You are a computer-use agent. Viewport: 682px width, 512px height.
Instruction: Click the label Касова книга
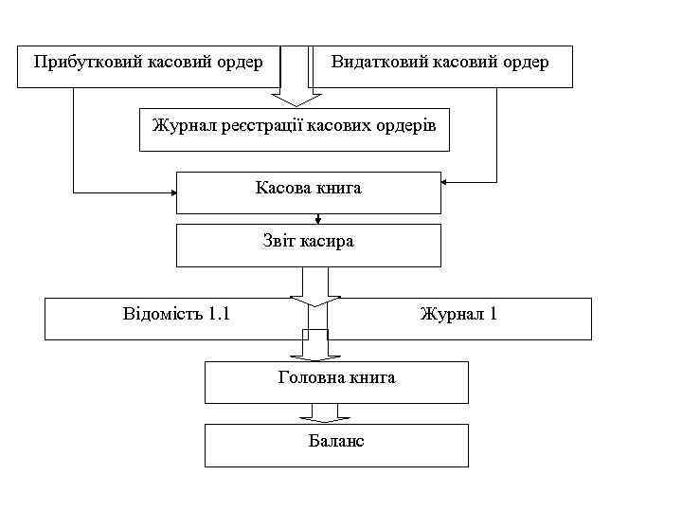(308, 188)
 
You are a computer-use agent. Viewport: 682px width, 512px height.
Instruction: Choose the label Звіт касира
(308, 241)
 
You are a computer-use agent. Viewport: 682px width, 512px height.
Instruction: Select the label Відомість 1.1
(176, 313)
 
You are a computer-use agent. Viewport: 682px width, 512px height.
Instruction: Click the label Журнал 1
(458, 313)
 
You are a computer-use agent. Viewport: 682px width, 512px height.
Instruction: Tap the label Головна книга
(336, 377)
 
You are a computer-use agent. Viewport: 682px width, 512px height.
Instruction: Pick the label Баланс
(336, 441)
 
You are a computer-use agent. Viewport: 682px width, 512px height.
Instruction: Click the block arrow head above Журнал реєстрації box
(296, 99)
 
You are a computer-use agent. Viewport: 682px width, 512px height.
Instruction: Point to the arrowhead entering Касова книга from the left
(173, 193)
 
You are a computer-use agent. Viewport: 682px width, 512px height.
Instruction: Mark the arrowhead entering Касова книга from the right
(446, 181)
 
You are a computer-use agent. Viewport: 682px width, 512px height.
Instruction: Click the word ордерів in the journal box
(408, 125)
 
